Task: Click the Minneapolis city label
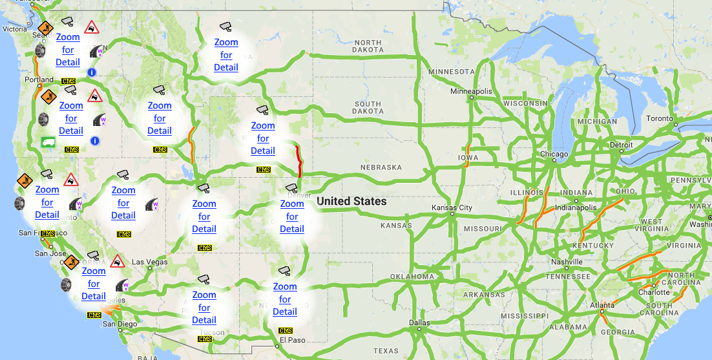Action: (471, 91)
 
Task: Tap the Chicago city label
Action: (554, 154)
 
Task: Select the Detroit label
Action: (621, 145)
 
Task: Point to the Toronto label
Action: (659, 119)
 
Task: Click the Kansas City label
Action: (452, 208)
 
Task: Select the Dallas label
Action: (419, 323)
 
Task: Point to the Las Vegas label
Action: (149, 262)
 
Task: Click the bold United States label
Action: (351, 202)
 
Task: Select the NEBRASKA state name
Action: (381, 167)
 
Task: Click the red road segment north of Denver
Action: (298, 161)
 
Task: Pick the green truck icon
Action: (48, 142)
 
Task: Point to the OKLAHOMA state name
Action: (412, 277)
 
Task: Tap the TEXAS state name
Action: (386, 351)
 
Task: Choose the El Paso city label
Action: (291, 340)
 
